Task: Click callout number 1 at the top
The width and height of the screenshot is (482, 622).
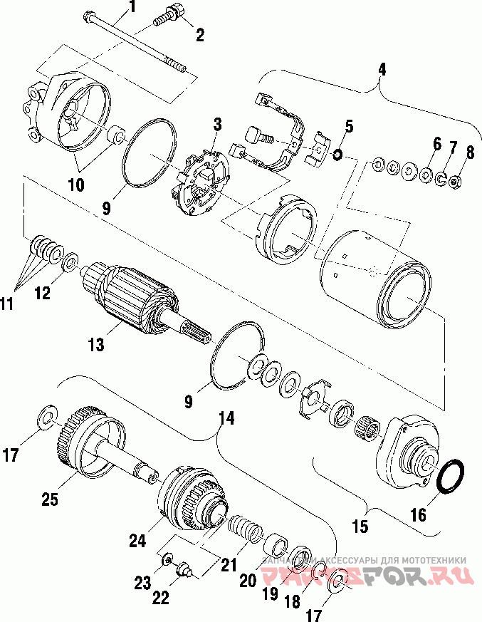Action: [131, 9]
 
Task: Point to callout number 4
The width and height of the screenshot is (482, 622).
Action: [382, 69]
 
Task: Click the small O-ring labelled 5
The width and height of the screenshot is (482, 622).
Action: [337, 154]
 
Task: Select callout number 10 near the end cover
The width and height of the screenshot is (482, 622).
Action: [75, 185]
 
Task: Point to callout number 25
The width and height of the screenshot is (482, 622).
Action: [48, 499]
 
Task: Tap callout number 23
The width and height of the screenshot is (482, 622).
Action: [142, 583]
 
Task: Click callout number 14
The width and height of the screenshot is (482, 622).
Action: [226, 420]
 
